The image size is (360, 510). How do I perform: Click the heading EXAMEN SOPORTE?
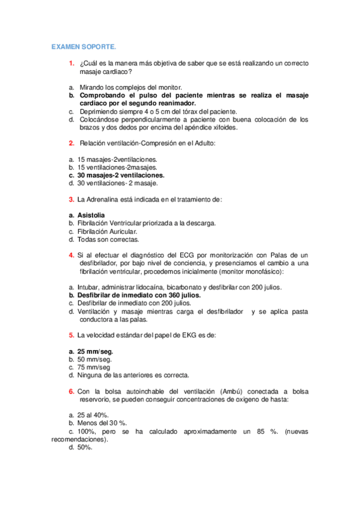[84, 46]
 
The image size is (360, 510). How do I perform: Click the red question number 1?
[71, 63]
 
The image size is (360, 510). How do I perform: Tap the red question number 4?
[71, 256]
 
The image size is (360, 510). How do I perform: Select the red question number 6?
[71, 391]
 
